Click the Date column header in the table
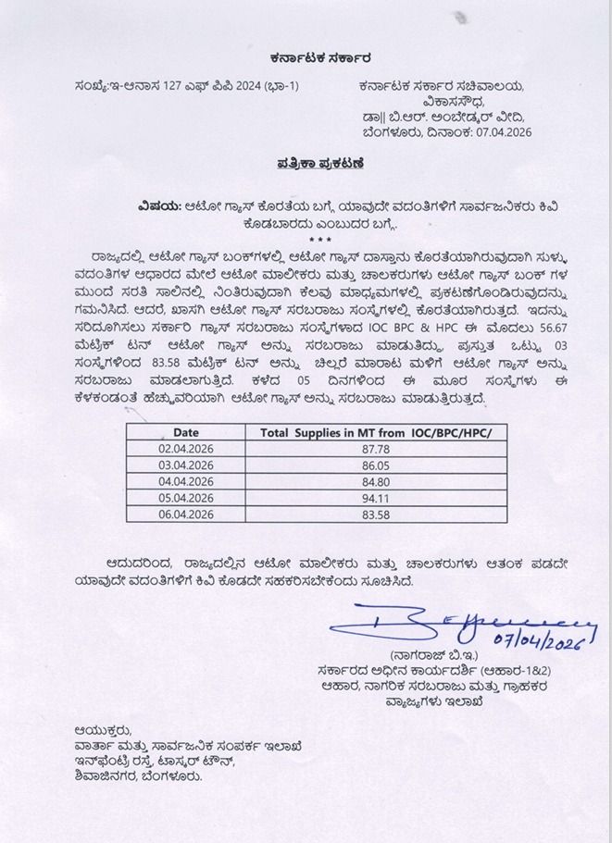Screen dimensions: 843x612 tap(185, 432)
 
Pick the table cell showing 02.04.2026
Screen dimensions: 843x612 tap(185, 449)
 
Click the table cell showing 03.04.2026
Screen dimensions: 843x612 tap(185, 465)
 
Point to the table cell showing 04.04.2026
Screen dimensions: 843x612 tap(185, 482)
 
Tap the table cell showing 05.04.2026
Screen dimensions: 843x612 tap(185, 499)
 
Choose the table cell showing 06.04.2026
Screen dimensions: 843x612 tap(185, 515)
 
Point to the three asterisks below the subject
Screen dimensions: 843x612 tap(306, 239)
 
